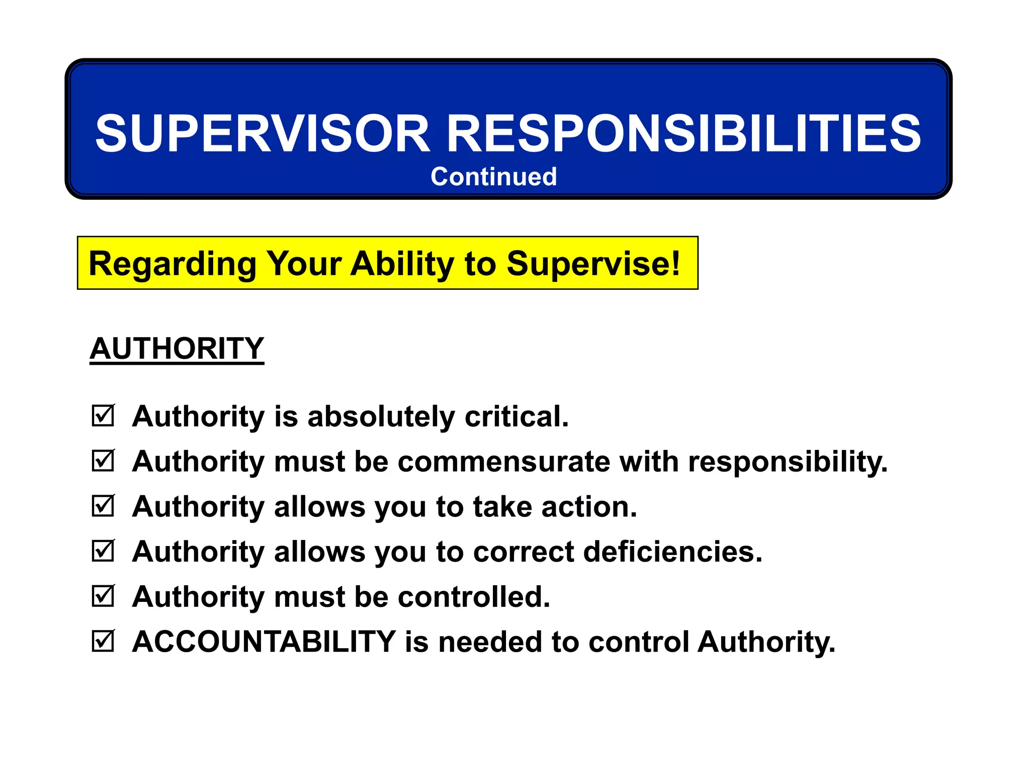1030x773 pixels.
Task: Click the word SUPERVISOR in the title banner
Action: (x=263, y=133)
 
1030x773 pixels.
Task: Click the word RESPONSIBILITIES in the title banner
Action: (x=684, y=133)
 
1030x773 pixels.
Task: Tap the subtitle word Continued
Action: (x=493, y=177)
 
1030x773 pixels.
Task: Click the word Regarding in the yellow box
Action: (x=173, y=264)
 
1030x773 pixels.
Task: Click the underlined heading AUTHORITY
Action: (x=177, y=348)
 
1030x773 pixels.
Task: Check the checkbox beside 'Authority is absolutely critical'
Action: (x=103, y=416)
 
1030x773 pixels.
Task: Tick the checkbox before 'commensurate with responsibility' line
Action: (x=103, y=460)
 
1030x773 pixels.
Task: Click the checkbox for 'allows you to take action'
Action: (x=103, y=506)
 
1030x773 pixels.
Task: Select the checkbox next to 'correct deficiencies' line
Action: (x=103, y=551)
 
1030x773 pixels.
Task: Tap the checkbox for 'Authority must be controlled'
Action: (x=103, y=596)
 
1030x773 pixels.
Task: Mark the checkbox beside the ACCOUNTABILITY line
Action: (x=103, y=641)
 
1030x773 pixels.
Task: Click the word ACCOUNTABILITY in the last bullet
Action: (x=264, y=642)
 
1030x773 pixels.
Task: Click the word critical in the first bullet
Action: (x=517, y=417)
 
